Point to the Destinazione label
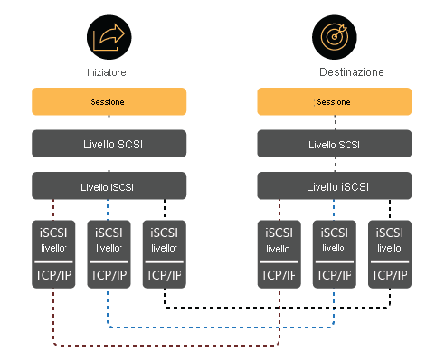click(x=352, y=71)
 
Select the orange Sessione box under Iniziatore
click(x=109, y=101)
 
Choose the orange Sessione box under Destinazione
click(x=335, y=101)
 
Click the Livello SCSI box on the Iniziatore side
click(x=109, y=144)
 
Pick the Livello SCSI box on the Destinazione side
click(x=335, y=144)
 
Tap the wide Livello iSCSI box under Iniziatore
click(x=109, y=186)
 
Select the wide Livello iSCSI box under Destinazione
click(x=335, y=186)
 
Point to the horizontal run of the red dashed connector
click(x=166, y=345)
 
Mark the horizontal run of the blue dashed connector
click(x=222, y=326)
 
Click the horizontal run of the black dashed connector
click(x=277, y=308)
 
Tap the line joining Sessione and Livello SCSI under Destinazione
click(x=335, y=123)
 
